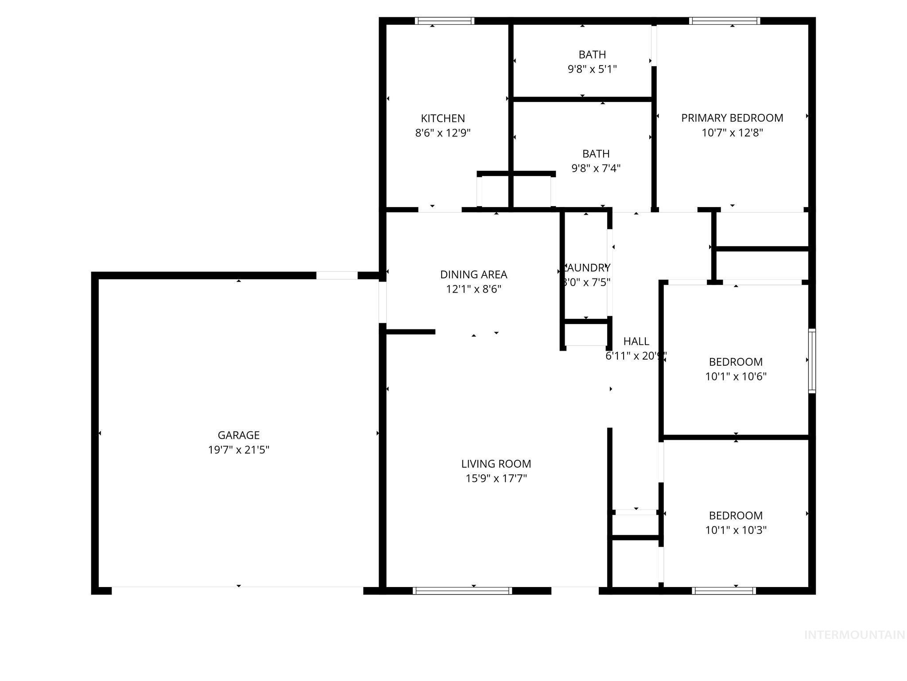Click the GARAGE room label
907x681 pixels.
tap(238, 435)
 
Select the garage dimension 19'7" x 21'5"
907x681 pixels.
tap(238, 450)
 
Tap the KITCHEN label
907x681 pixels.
tap(442, 118)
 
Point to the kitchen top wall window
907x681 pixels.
tap(445, 21)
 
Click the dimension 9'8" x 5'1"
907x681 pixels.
tap(592, 69)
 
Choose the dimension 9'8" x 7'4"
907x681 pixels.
tap(596, 168)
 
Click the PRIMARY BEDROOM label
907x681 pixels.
tap(732, 118)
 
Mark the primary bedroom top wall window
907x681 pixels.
tap(725, 21)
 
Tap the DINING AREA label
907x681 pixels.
tap(473, 274)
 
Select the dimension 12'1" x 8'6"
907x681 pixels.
tap(473, 289)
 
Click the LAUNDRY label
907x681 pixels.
tap(586, 268)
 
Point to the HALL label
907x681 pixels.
tap(636, 341)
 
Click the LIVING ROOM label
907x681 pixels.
tap(496, 464)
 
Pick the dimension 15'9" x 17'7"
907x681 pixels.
tap(496, 478)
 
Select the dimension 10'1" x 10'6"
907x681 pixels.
tap(736, 376)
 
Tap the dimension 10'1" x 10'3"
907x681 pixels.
tap(736, 530)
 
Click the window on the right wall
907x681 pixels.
tap(812, 360)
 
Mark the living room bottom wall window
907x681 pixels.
tap(462, 591)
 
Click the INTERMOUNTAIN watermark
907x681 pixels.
tap(854, 635)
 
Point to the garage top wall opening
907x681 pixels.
tap(337, 275)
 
